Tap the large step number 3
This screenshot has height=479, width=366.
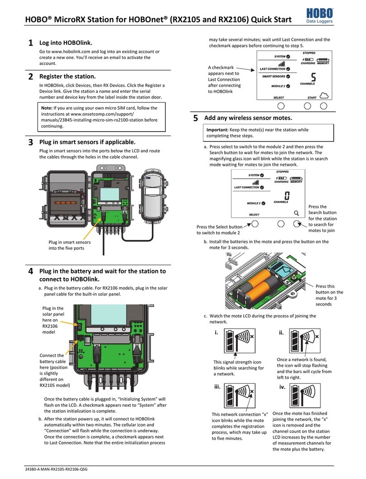click(30, 142)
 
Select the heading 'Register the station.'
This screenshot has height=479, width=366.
click(68, 76)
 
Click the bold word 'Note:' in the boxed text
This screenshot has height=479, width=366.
click(46, 108)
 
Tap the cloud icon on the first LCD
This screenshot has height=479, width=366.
click(323, 95)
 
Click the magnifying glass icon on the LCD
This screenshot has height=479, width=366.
click(296, 213)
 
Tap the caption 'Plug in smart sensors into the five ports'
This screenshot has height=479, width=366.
click(70, 245)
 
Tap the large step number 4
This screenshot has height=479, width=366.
click(30, 271)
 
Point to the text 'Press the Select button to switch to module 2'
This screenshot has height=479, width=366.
click(220, 230)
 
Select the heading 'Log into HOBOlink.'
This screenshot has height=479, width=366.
click(66, 43)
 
